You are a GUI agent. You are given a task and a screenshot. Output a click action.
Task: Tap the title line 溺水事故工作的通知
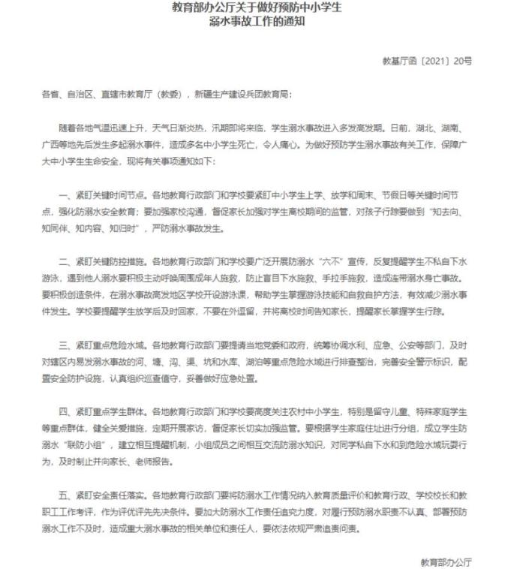click(x=254, y=23)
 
